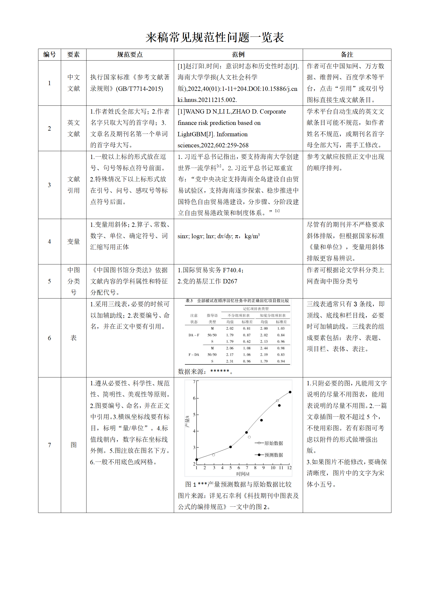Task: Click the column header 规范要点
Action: (130, 55)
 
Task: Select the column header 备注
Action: (347, 55)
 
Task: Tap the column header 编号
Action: (49, 55)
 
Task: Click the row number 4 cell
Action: (49, 241)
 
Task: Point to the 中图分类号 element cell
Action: (74, 281)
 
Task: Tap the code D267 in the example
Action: (230, 281)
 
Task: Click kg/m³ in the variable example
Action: (252, 236)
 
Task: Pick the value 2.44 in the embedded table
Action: (264, 348)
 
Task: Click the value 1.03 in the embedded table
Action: (281, 329)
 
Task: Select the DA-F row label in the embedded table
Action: (194, 335)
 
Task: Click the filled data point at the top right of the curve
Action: (290, 392)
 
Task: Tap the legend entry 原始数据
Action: (273, 443)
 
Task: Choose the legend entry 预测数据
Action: (273, 455)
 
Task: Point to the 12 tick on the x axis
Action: (290, 468)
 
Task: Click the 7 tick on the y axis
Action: (194, 382)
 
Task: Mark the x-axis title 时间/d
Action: (243, 474)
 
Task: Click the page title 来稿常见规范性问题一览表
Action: (215, 37)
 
